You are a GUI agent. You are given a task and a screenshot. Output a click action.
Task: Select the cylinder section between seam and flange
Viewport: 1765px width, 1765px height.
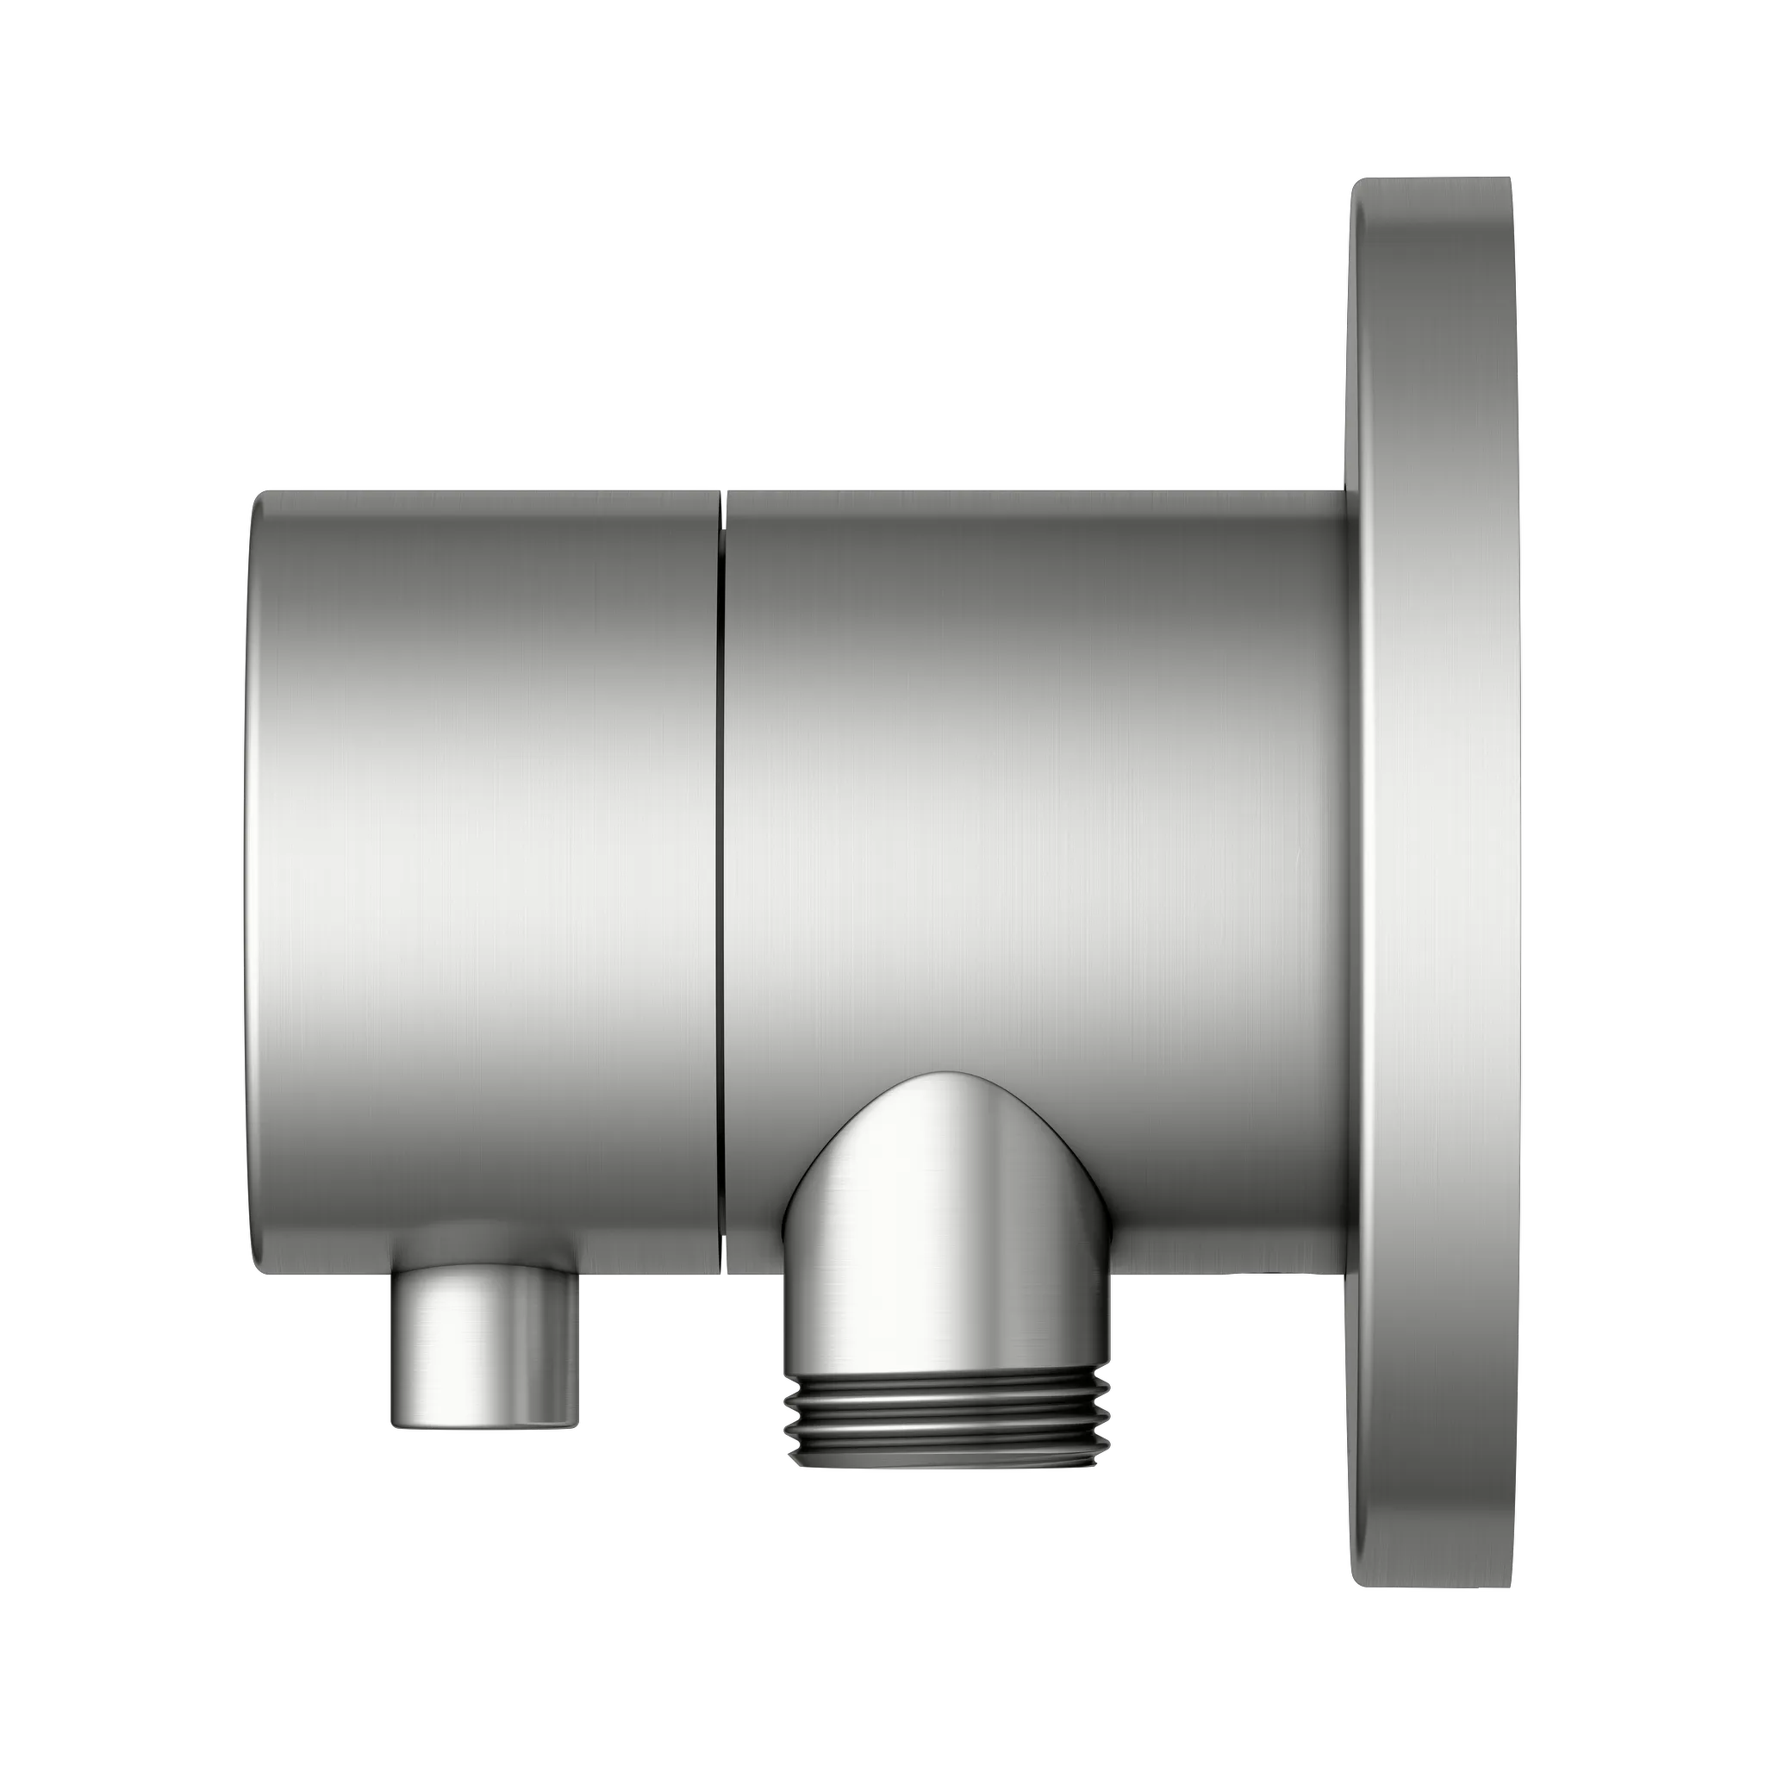[x=1032, y=776]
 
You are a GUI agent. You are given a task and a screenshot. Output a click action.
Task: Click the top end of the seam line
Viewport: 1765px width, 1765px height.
[x=722, y=496]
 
